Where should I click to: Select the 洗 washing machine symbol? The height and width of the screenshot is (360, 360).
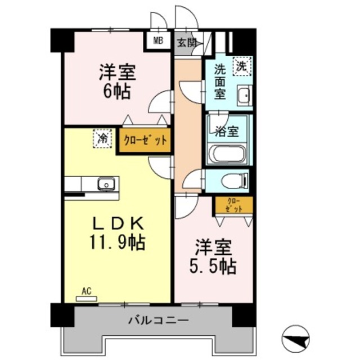(x=242, y=66)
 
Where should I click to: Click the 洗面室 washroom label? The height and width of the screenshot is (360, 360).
(x=220, y=82)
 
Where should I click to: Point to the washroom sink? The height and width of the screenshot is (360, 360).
(x=244, y=96)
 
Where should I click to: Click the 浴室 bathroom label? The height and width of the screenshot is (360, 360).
(x=227, y=132)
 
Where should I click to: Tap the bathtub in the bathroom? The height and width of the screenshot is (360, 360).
(x=227, y=154)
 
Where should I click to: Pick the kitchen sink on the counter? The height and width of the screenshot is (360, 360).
(x=105, y=184)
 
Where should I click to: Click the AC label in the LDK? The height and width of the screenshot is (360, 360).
(x=86, y=291)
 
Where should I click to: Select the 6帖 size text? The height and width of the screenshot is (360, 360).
(x=116, y=91)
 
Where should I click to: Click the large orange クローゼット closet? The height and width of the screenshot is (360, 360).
(x=144, y=141)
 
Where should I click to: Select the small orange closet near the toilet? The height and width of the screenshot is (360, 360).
(x=234, y=205)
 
